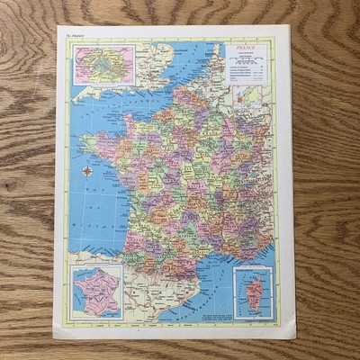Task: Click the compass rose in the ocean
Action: pyautogui.click(x=87, y=171)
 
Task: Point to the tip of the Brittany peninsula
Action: pyautogui.click(x=84, y=139)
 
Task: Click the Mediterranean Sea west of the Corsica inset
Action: pyautogui.click(x=211, y=283)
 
